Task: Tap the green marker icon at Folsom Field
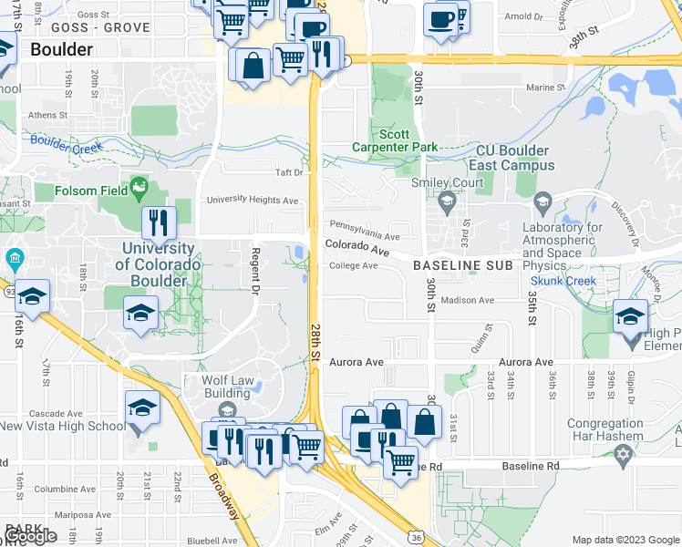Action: [x=139, y=189]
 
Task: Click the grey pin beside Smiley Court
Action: [x=447, y=200]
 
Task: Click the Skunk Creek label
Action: [x=563, y=282]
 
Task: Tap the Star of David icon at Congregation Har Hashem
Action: [x=624, y=454]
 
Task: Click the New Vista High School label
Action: [x=63, y=426]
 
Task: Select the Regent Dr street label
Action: [x=256, y=271]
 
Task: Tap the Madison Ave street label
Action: [x=467, y=300]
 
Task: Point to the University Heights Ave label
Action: [x=253, y=201]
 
